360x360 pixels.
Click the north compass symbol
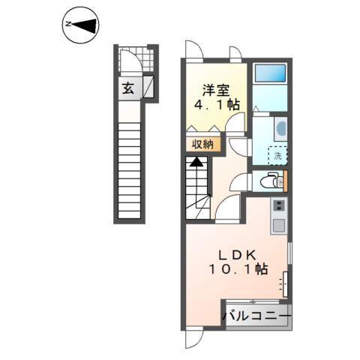(81, 25)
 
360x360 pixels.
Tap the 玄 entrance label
(128, 88)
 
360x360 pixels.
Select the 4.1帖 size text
(217, 106)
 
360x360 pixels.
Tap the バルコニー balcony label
(256, 317)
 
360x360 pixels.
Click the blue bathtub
(269, 73)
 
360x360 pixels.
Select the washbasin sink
(280, 128)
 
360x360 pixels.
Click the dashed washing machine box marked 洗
(277, 156)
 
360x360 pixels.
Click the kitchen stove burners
(278, 205)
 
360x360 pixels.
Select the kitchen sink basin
(277, 223)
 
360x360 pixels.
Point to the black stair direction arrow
(196, 160)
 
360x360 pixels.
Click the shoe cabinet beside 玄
(148, 88)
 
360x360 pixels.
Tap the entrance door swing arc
(136, 61)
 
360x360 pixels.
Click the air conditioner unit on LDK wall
(286, 285)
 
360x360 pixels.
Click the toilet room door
(241, 180)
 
